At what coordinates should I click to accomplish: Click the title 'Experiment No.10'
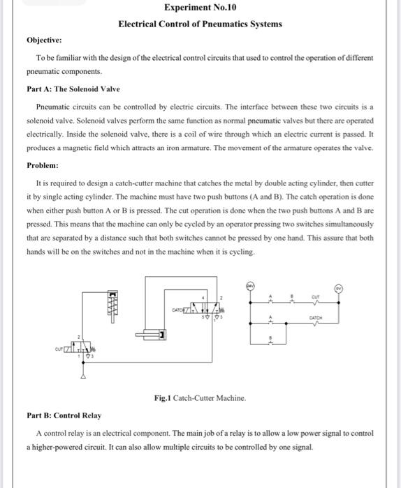200,8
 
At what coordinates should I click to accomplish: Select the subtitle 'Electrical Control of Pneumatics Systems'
200,24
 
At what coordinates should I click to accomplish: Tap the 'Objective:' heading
45,41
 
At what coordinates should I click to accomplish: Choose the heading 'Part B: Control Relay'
64,415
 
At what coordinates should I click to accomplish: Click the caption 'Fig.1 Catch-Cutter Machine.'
200,397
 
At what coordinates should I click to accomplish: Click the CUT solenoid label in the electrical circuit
316,295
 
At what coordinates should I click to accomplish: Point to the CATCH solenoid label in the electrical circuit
316,317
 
